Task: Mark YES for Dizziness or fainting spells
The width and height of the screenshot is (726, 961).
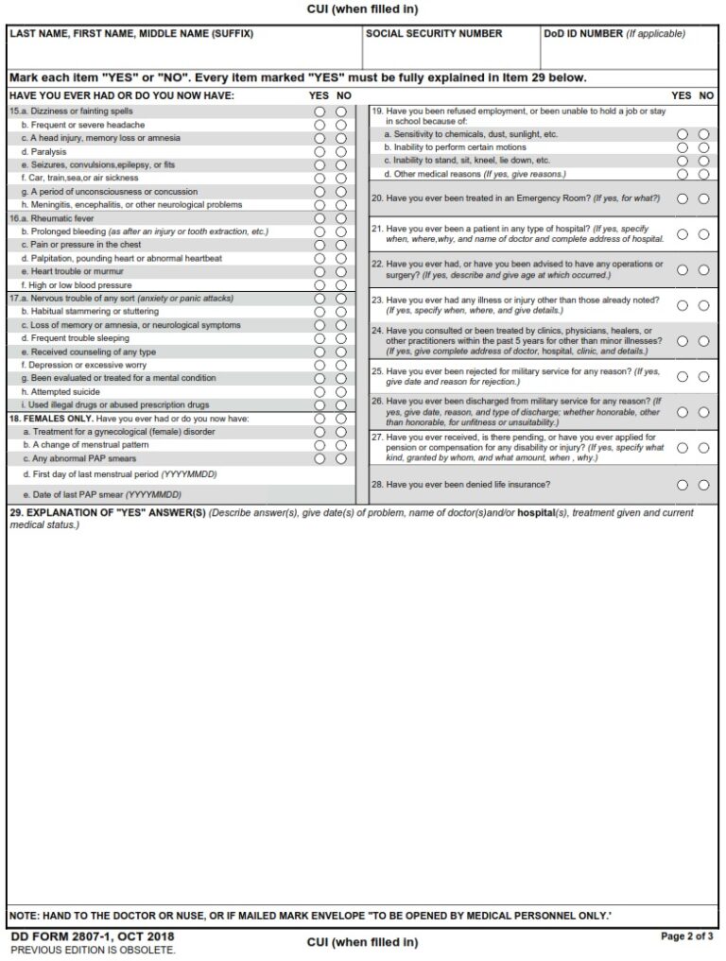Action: tap(320, 112)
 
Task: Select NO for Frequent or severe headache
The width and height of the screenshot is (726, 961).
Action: tap(340, 125)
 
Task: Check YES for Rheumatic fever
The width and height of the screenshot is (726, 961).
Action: tap(320, 218)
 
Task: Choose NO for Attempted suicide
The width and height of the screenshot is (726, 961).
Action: tap(340, 391)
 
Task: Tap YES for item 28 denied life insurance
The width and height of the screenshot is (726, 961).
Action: tap(683, 486)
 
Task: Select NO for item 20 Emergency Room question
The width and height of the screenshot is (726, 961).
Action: tap(703, 198)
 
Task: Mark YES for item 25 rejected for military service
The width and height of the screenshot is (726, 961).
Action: tap(683, 376)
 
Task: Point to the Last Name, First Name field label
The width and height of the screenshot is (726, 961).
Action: tap(131, 34)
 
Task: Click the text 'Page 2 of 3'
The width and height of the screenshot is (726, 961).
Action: tap(687, 935)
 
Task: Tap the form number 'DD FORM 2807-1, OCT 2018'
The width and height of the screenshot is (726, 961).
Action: tap(92, 937)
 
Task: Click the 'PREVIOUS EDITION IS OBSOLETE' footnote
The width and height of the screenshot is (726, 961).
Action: tap(93, 950)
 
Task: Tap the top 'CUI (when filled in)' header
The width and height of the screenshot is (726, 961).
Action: tap(362, 9)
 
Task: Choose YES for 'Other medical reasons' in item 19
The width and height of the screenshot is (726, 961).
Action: tap(683, 174)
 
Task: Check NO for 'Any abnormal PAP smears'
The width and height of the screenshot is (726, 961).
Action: tap(340, 458)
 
